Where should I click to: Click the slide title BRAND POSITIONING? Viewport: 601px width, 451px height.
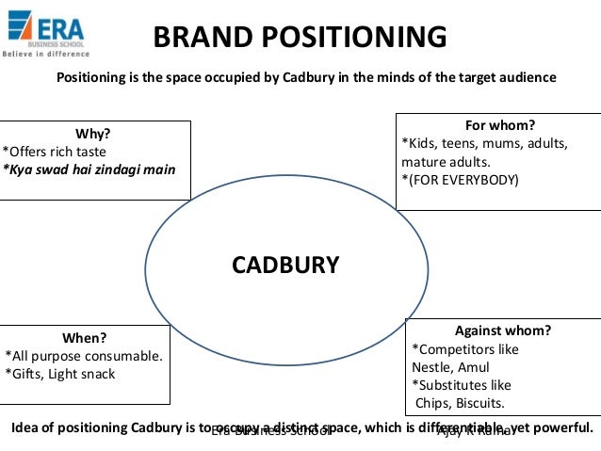coord(300,38)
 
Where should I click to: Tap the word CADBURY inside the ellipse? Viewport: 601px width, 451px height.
coord(285,265)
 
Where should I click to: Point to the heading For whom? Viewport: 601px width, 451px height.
coord(499,125)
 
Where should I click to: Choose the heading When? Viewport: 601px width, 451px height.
coord(85,337)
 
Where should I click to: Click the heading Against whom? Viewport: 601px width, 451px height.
coord(502,330)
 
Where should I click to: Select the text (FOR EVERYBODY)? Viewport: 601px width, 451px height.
coord(460,179)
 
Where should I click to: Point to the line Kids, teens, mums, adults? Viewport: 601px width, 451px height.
coord(484,143)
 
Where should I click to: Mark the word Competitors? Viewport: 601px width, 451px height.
coord(462,349)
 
